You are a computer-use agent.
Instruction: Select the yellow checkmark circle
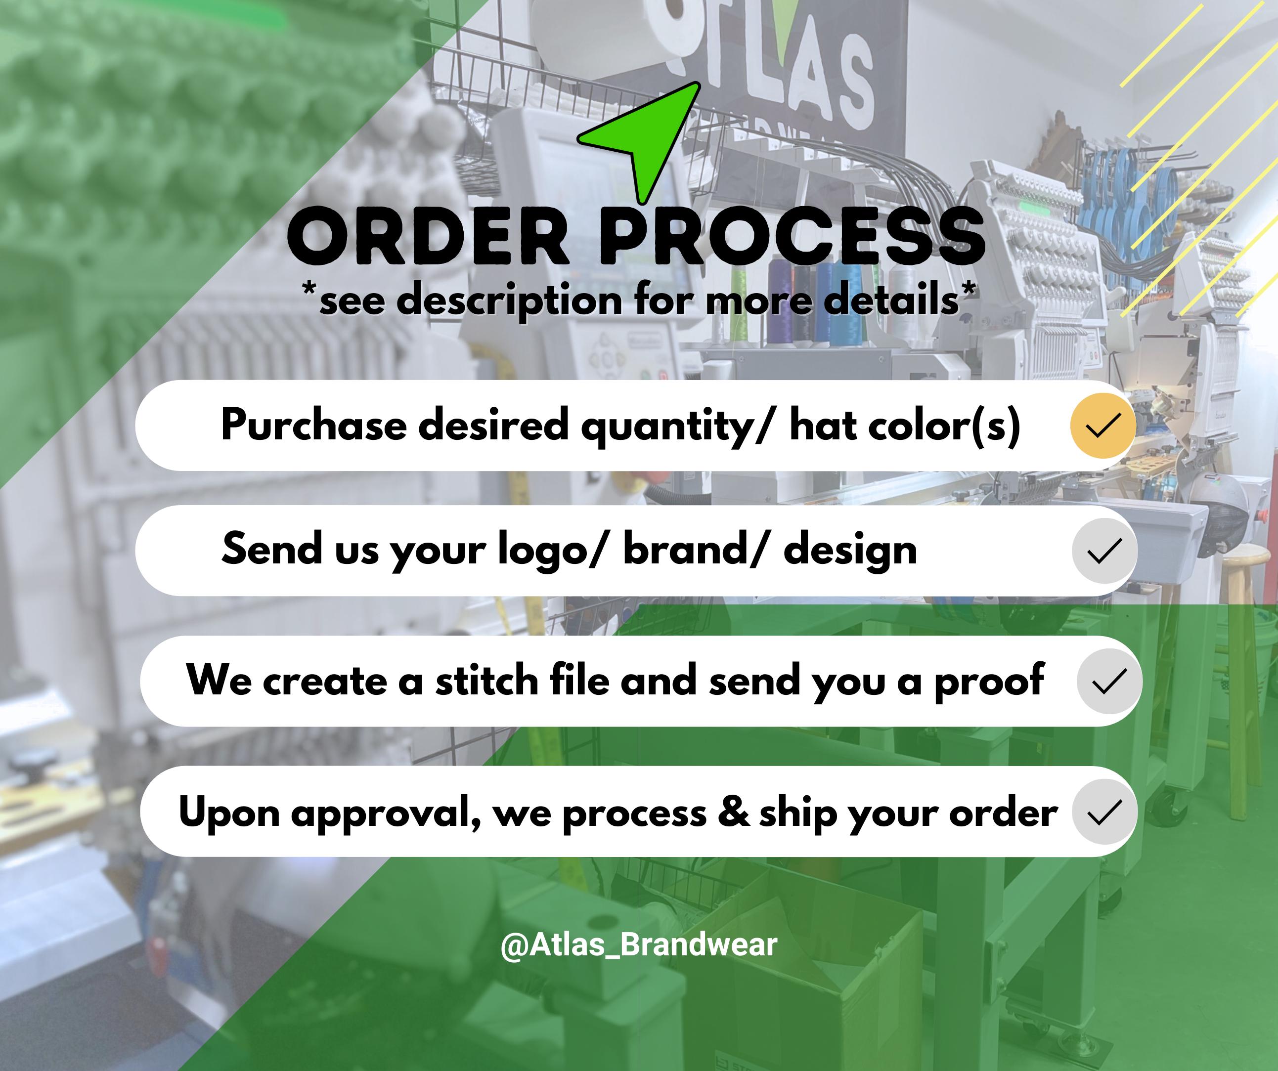click(x=1102, y=426)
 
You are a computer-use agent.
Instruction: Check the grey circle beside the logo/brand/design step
click(x=1104, y=550)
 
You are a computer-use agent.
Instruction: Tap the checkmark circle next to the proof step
click(x=1109, y=681)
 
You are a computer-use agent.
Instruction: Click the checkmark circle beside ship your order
click(x=1104, y=811)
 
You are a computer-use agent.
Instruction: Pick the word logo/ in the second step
click(x=552, y=551)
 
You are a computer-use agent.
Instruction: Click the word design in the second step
click(x=850, y=551)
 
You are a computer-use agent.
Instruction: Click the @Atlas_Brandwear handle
click(x=638, y=944)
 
